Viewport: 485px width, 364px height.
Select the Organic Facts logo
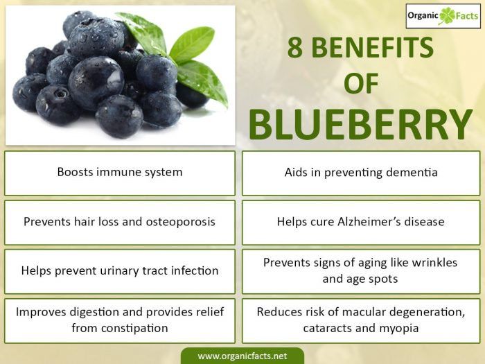(442, 15)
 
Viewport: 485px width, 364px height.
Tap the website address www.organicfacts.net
(242, 356)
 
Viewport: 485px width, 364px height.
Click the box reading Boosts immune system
(120, 173)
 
